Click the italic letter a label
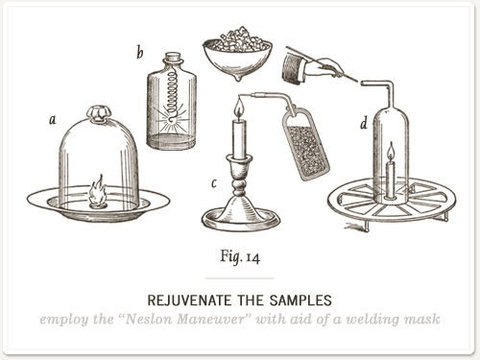[x=53, y=120]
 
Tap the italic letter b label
[x=140, y=52]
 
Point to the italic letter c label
[x=214, y=183]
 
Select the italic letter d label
[x=364, y=123]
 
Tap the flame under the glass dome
[x=97, y=191]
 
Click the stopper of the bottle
[x=174, y=59]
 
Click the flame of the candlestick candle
[x=239, y=108]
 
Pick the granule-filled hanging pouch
[x=305, y=143]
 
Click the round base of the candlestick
[x=241, y=219]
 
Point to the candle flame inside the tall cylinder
[x=391, y=152]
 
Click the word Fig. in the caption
[x=229, y=256]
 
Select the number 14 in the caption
[x=252, y=258]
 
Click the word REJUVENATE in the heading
[x=189, y=300]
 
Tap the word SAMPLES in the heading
[x=300, y=300]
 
